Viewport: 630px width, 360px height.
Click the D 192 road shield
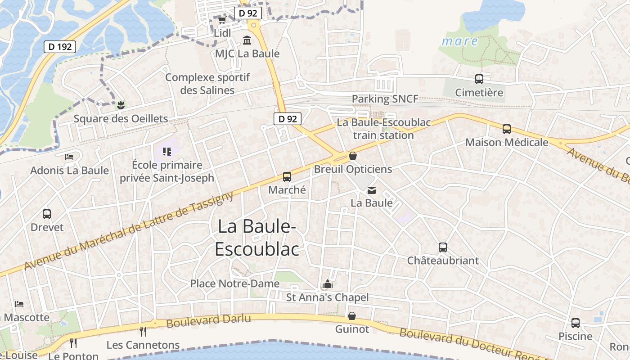click(x=60, y=46)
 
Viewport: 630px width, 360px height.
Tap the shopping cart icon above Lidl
click(x=222, y=20)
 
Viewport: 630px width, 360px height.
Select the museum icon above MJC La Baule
click(x=247, y=41)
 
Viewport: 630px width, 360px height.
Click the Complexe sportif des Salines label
click(x=207, y=84)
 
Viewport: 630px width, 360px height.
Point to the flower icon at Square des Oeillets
click(x=120, y=106)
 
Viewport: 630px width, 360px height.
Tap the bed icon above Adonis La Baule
click(x=69, y=157)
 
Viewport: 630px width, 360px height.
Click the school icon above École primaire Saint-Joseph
click(x=167, y=151)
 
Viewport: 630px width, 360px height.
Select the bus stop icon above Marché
click(x=287, y=177)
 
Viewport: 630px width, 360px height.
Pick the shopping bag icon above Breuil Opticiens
click(x=353, y=156)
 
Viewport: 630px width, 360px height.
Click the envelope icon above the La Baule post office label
click(x=372, y=190)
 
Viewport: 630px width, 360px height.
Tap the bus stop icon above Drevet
click(x=47, y=214)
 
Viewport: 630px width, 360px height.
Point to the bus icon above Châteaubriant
click(x=443, y=247)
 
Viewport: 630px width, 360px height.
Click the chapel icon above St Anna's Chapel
click(x=327, y=284)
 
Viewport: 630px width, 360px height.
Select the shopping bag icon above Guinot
click(x=352, y=316)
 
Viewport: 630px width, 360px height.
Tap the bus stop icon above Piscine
click(x=576, y=323)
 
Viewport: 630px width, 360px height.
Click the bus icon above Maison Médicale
click(x=507, y=129)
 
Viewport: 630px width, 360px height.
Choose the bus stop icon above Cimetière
click(x=479, y=80)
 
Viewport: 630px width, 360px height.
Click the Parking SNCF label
click(x=385, y=99)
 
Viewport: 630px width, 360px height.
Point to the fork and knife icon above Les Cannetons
click(x=143, y=332)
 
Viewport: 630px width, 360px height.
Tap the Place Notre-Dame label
click(x=235, y=284)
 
